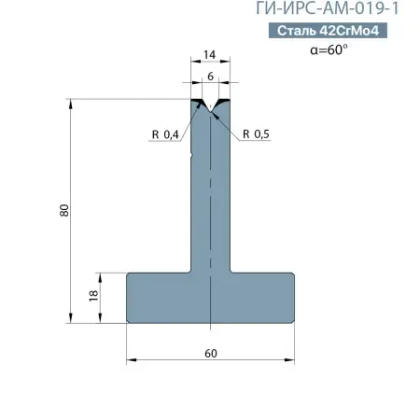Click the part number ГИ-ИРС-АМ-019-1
click(327, 8)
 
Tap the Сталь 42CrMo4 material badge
click(328, 31)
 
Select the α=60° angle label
click(329, 49)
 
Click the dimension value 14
click(209, 55)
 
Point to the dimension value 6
click(211, 77)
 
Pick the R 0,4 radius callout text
click(165, 134)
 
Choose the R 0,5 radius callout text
click(256, 134)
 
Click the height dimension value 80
click(64, 211)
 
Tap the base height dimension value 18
click(93, 295)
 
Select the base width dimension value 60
click(211, 354)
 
